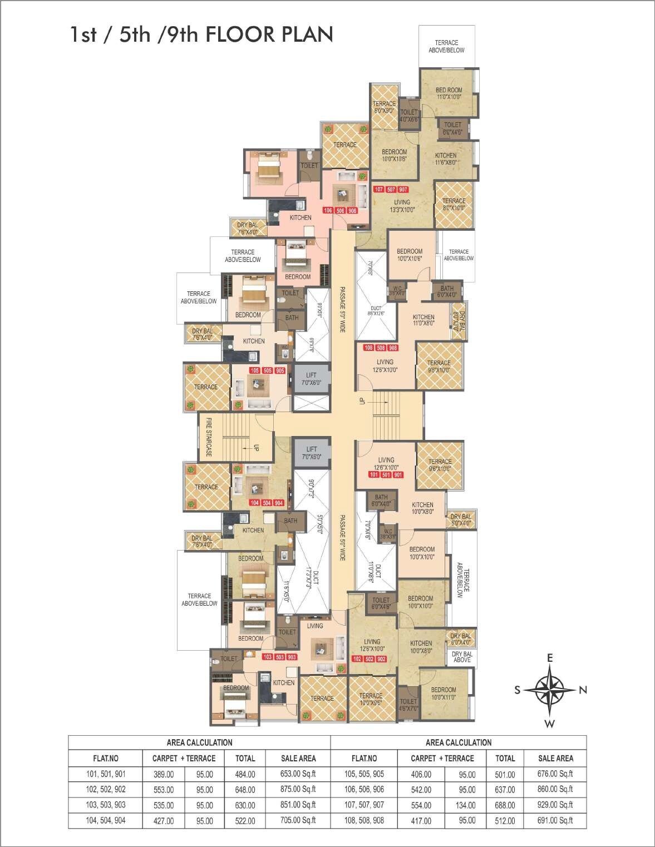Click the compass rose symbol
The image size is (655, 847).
549,690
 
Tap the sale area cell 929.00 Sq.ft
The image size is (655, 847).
555,805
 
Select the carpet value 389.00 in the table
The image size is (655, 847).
164,774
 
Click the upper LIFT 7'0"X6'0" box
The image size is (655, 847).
311,379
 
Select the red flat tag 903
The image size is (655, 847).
292,657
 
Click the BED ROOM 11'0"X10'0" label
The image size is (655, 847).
449,93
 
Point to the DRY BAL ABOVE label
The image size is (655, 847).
462,657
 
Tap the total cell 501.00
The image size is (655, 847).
505,774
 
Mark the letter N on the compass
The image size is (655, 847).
583,690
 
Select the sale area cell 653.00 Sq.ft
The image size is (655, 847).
298,774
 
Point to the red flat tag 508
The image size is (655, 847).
381,348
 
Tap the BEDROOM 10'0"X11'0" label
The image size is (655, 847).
443,693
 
